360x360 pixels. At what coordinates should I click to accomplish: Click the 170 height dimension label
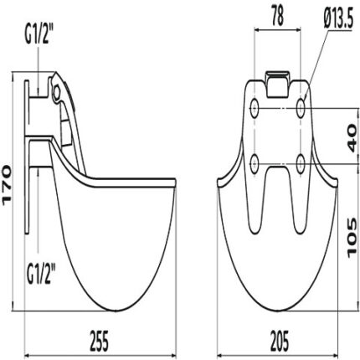(x=7, y=185)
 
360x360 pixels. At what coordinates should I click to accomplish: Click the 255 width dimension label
(x=100, y=341)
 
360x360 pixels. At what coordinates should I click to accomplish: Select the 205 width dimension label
(x=280, y=341)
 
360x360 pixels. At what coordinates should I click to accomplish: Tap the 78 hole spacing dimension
(x=277, y=16)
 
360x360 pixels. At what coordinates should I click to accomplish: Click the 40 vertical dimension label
(x=352, y=139)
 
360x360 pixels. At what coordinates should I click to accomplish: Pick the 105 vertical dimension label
(x=352, y=237)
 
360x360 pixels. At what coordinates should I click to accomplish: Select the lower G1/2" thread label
(x=40, y=275)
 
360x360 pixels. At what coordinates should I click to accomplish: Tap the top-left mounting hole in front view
(x=255, y=108)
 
